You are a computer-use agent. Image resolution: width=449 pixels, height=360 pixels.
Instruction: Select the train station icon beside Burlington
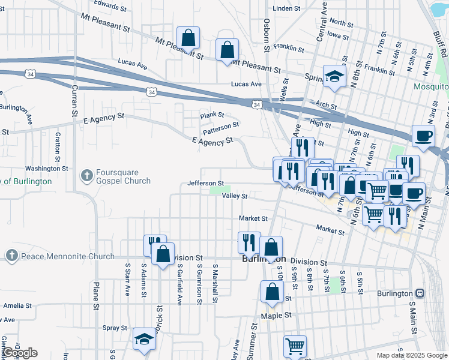coord(420,293)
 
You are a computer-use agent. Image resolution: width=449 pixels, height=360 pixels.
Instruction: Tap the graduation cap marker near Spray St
coord(144,340)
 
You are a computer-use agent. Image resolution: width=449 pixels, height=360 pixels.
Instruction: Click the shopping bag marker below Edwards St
coord(188,37)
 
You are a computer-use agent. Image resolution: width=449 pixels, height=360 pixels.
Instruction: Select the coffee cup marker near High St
coord(423,136)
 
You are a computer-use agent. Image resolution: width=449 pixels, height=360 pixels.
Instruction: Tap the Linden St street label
coord(286,9)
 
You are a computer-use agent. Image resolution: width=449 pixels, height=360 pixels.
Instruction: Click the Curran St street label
coord(75,101)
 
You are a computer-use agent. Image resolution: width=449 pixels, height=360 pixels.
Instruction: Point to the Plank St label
coord(212,115)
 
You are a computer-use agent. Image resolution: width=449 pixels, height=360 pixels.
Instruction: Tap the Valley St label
coord(235,196)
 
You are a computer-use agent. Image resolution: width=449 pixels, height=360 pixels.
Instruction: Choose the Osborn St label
coord(267,34)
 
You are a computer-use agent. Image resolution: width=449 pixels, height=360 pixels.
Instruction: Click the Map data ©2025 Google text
coord(411,355)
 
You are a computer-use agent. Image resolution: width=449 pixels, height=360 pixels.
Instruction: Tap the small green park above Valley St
coord(215,190)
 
